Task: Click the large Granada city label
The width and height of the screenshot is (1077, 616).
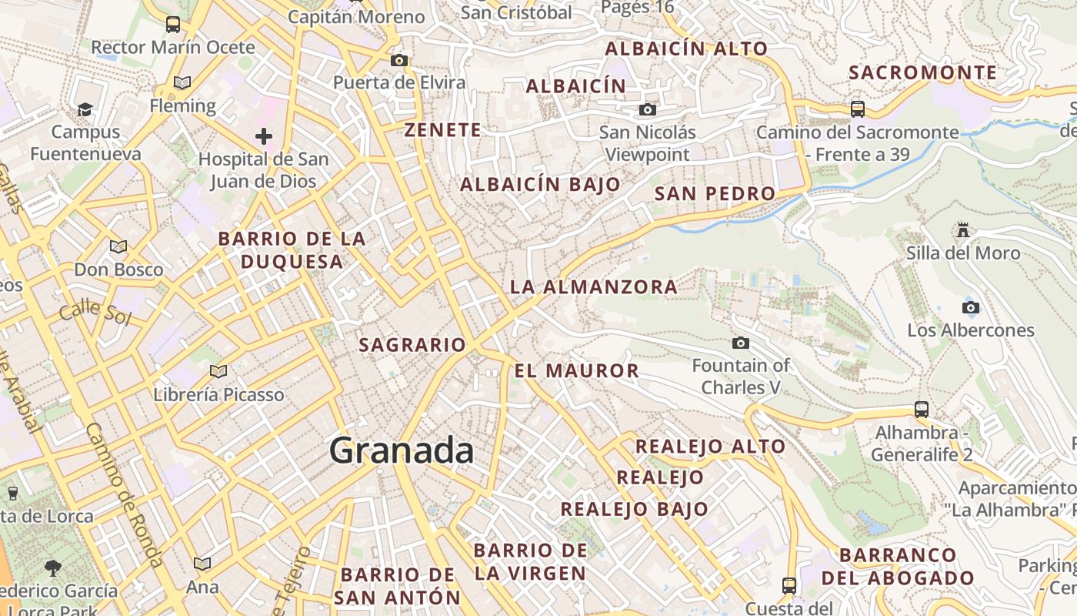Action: coord(401,450)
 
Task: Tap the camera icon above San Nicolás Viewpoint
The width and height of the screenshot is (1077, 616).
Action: coord(648,109)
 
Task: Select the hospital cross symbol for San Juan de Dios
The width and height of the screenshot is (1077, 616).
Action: coord(264,136)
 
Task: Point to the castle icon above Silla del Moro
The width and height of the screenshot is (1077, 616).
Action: coord(962,229)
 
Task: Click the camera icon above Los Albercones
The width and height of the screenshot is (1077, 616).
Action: coord(971,308)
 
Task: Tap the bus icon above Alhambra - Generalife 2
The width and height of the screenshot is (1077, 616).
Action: coord(922,410)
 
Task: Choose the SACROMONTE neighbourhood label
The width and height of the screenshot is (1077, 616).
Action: coord(923,73)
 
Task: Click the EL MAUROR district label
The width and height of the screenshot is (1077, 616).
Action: coord(576,371)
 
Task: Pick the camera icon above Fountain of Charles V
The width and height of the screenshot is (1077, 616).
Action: coord(741,343)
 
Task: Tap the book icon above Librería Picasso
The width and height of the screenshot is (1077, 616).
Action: coord(218,372)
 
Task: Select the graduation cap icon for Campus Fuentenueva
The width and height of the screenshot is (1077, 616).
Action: coord(85,109)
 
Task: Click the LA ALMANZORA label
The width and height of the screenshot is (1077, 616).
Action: coord(593,287)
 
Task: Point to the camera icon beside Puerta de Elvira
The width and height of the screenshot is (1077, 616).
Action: coord(398,60)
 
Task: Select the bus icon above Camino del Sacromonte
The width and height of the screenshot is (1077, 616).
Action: coord(858,109)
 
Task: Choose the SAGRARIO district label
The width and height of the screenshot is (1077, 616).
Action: coord(412,345)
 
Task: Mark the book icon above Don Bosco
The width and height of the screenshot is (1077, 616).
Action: coord(118,246)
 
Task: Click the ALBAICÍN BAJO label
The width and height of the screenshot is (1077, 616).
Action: coord(540,185)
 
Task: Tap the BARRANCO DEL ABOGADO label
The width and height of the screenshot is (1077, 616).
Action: coord(898,567)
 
